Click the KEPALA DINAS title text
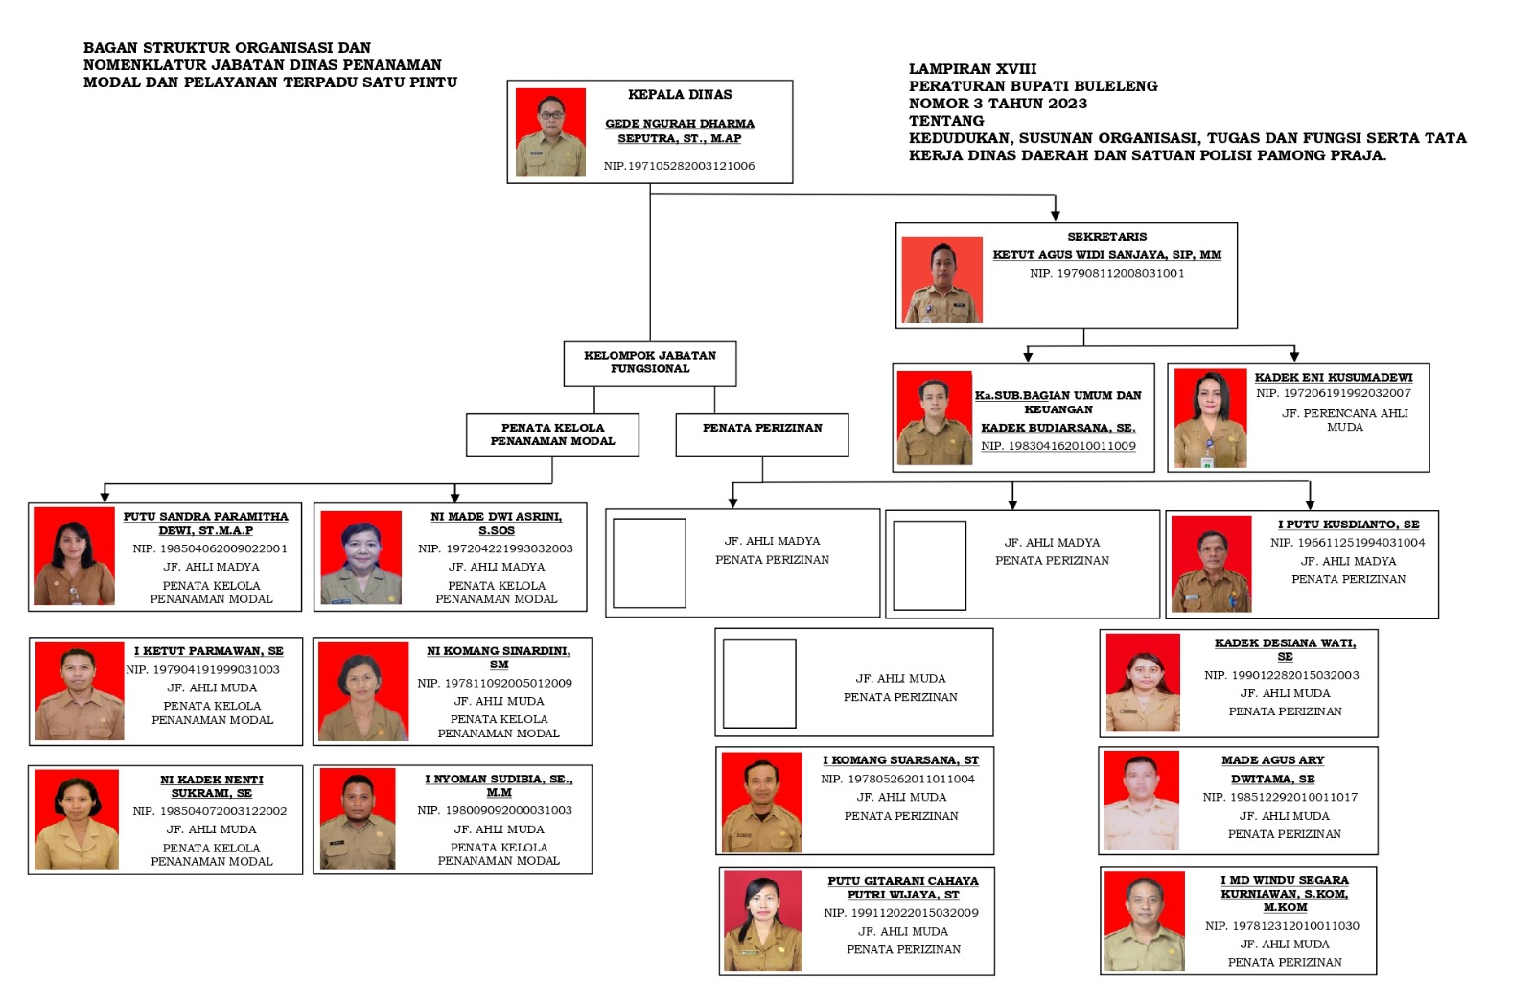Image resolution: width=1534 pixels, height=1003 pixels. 680,95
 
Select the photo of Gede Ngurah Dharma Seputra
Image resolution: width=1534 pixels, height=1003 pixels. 550,132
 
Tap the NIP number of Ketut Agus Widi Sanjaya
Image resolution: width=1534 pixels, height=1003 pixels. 1106,273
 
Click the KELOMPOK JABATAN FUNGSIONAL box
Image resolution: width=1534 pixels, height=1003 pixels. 650,363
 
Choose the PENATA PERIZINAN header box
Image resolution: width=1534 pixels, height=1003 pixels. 761,435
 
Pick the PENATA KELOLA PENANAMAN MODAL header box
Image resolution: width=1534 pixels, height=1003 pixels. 552,435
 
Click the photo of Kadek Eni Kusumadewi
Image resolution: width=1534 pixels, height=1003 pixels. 1210,418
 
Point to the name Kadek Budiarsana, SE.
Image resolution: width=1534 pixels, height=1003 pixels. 1058,428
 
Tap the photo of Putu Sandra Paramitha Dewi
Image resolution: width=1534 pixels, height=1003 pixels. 74,555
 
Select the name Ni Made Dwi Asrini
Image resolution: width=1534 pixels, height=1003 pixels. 497,524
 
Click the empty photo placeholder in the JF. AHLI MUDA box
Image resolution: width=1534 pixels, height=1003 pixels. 759,683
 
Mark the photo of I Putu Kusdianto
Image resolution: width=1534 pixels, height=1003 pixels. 1211,564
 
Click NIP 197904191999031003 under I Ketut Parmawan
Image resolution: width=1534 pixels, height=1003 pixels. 202,669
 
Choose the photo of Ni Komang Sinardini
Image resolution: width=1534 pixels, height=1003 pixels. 363,691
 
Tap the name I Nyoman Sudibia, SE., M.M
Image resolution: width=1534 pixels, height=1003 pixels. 499,785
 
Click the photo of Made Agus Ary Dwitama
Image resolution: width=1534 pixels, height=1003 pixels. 1141,801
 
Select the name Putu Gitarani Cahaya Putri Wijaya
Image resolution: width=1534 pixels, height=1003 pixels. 902,888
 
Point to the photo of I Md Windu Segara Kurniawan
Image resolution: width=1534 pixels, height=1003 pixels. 1144,921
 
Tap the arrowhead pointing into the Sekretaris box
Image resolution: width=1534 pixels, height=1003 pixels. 1056,215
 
